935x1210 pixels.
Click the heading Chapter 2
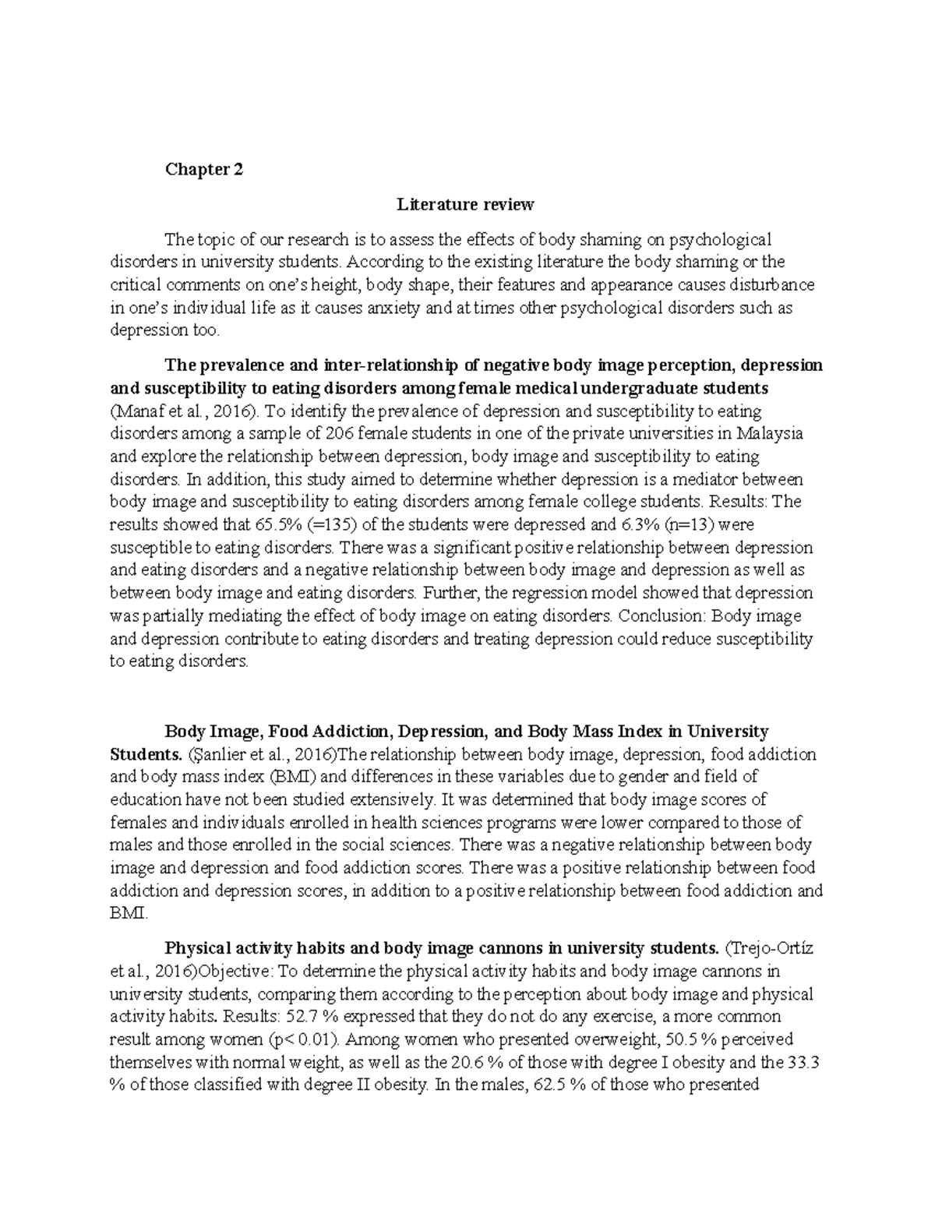click(203, 169)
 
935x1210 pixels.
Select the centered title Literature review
click(465, 204)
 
